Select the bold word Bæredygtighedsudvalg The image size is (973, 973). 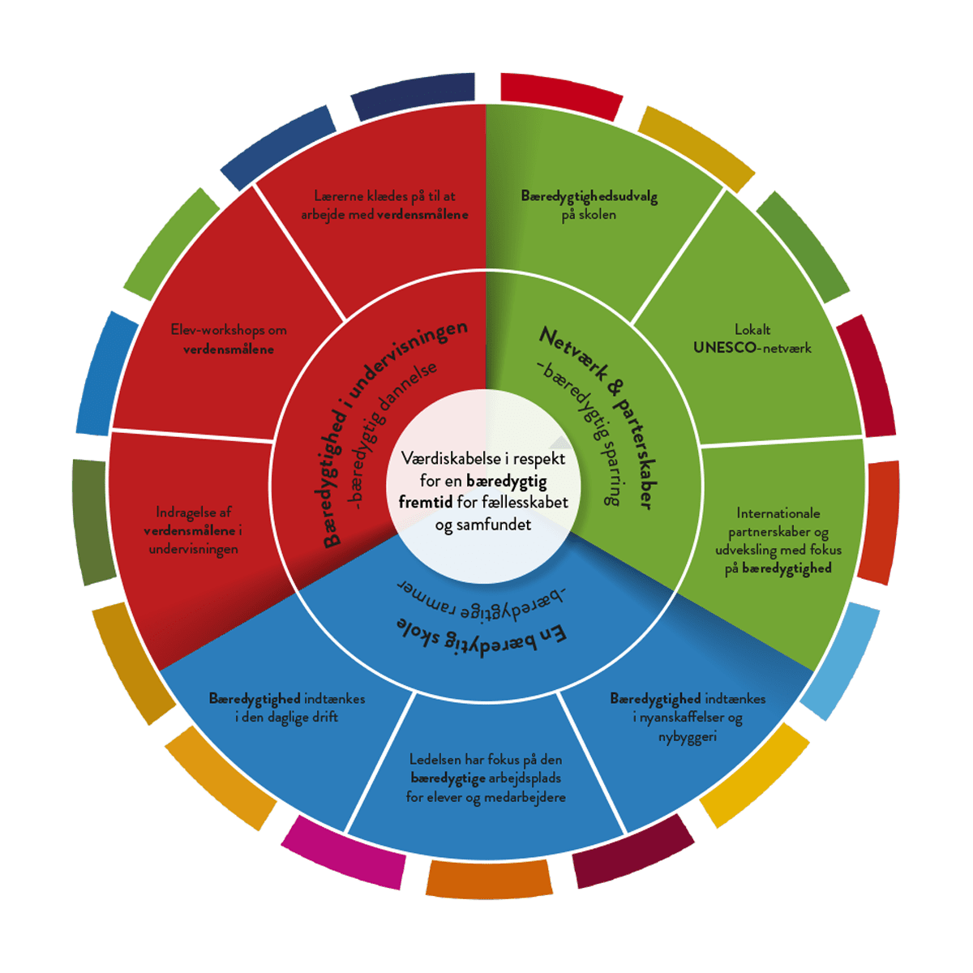pos(589,197)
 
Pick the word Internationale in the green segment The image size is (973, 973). pos(778,513)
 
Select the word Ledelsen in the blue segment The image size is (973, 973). pos(435,760)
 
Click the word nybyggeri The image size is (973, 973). pos(687,737)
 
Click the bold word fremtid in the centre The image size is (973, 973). pos(425,503)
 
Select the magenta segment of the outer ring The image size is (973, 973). pos(343,851)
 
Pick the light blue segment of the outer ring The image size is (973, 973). pos(840,660)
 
